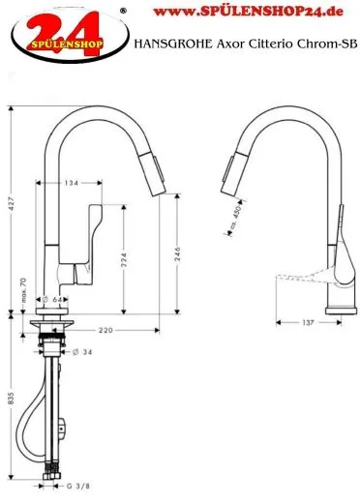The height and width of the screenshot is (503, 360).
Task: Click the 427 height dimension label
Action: pos(11,203)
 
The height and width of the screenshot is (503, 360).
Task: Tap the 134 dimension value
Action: pos(72,183)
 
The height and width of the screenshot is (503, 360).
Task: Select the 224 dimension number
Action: pos(124,260)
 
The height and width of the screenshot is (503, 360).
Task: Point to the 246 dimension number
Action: pos(177,254)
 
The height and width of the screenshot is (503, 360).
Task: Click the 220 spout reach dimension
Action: pos(105,330)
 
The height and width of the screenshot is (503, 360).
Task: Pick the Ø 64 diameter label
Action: pos(52,299)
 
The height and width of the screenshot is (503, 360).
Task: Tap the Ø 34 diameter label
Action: pos(82,352)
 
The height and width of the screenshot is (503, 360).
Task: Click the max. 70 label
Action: pos(23,290)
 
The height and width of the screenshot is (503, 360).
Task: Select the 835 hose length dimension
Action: pos(11,399)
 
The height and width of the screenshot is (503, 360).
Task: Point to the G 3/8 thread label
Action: pos(78,486)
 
